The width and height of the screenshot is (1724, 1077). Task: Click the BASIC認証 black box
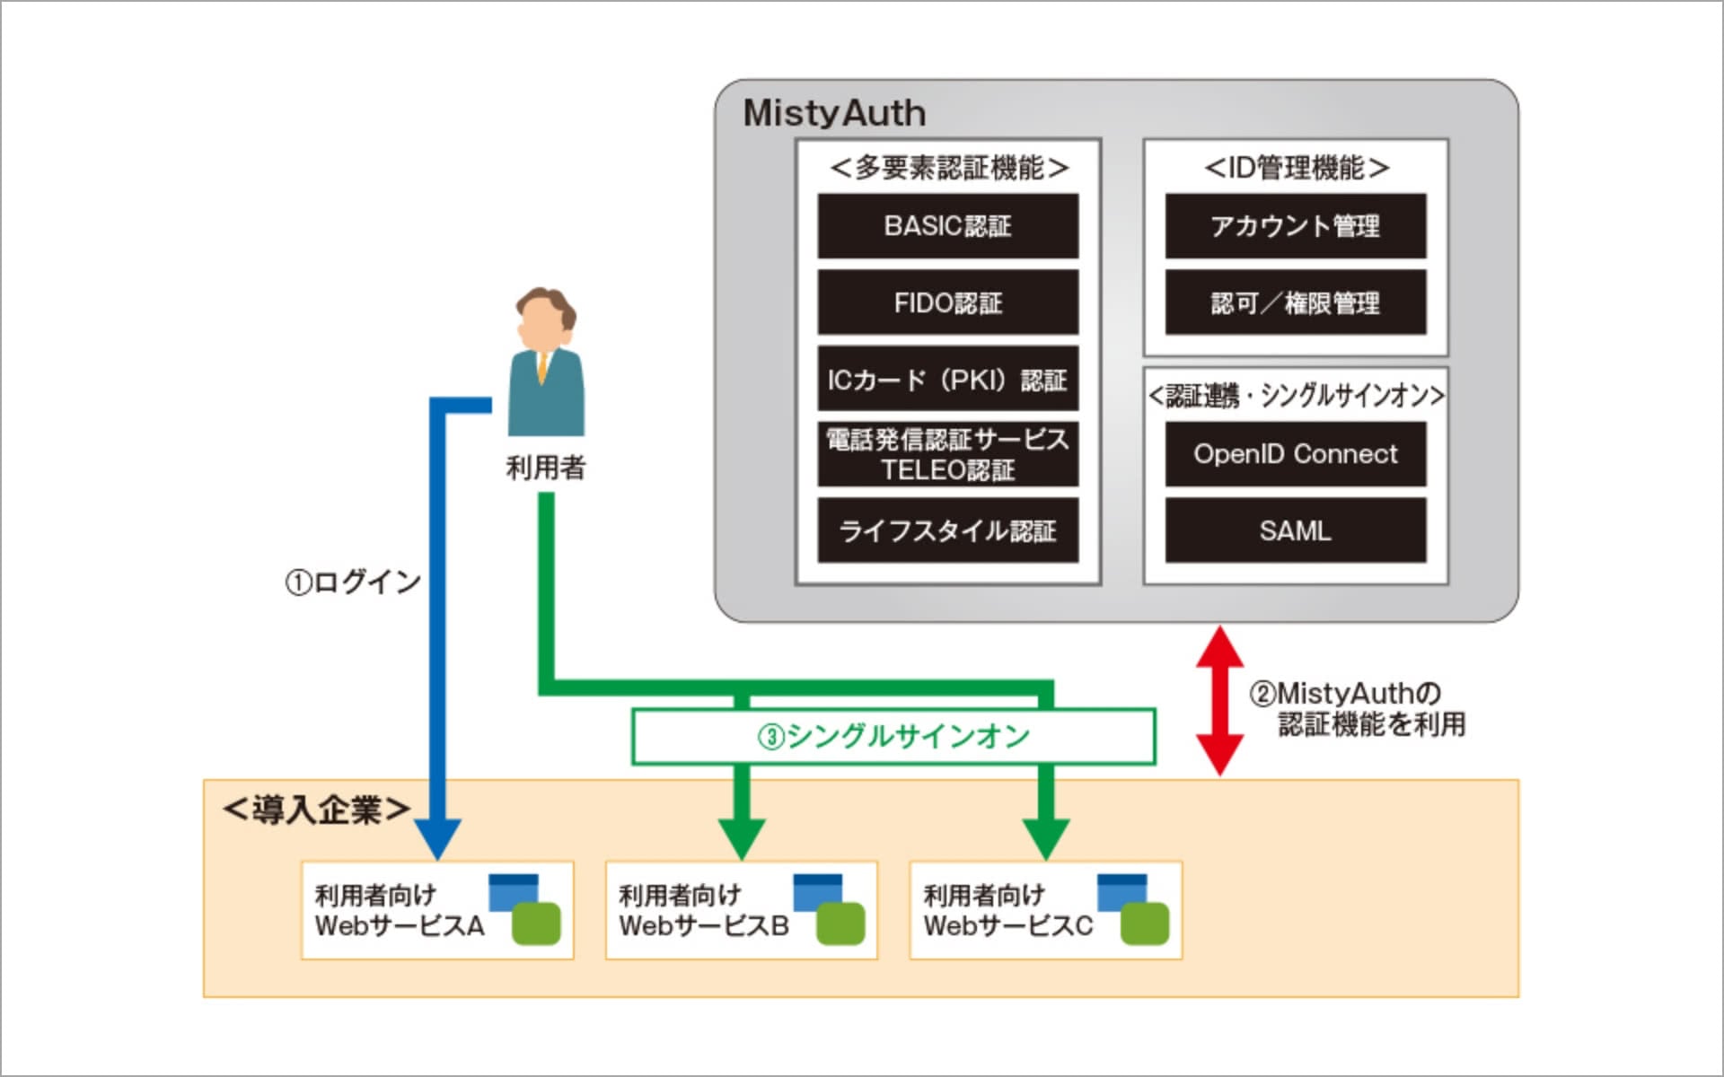click(947, 226)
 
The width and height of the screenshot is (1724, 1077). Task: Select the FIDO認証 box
click(947, 302)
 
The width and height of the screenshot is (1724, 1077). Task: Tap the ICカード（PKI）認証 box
click(947, 380)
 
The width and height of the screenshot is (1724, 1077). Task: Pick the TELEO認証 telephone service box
click(947, 454)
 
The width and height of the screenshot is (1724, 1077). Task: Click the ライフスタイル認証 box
click(947, 530)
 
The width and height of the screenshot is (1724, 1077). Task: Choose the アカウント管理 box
click(1295, 226)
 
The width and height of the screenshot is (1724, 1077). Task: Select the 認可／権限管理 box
click(1295, 302)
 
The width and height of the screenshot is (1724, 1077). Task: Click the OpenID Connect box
click(1295, 454)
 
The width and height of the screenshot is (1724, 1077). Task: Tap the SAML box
click(1295, 530)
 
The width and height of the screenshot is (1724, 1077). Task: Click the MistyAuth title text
click(834, 113)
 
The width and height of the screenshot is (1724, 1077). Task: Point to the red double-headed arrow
click(1219, 700)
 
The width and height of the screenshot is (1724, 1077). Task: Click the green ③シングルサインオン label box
click(893, 737)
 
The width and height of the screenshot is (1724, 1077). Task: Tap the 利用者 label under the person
click(545, 468)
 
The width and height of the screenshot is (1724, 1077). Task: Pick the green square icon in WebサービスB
click(840, 924)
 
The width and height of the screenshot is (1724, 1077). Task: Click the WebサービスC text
click(1007, 925)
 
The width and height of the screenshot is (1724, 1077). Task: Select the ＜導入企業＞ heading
click(316, 810)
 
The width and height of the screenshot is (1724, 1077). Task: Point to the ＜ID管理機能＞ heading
click(1296, 168)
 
